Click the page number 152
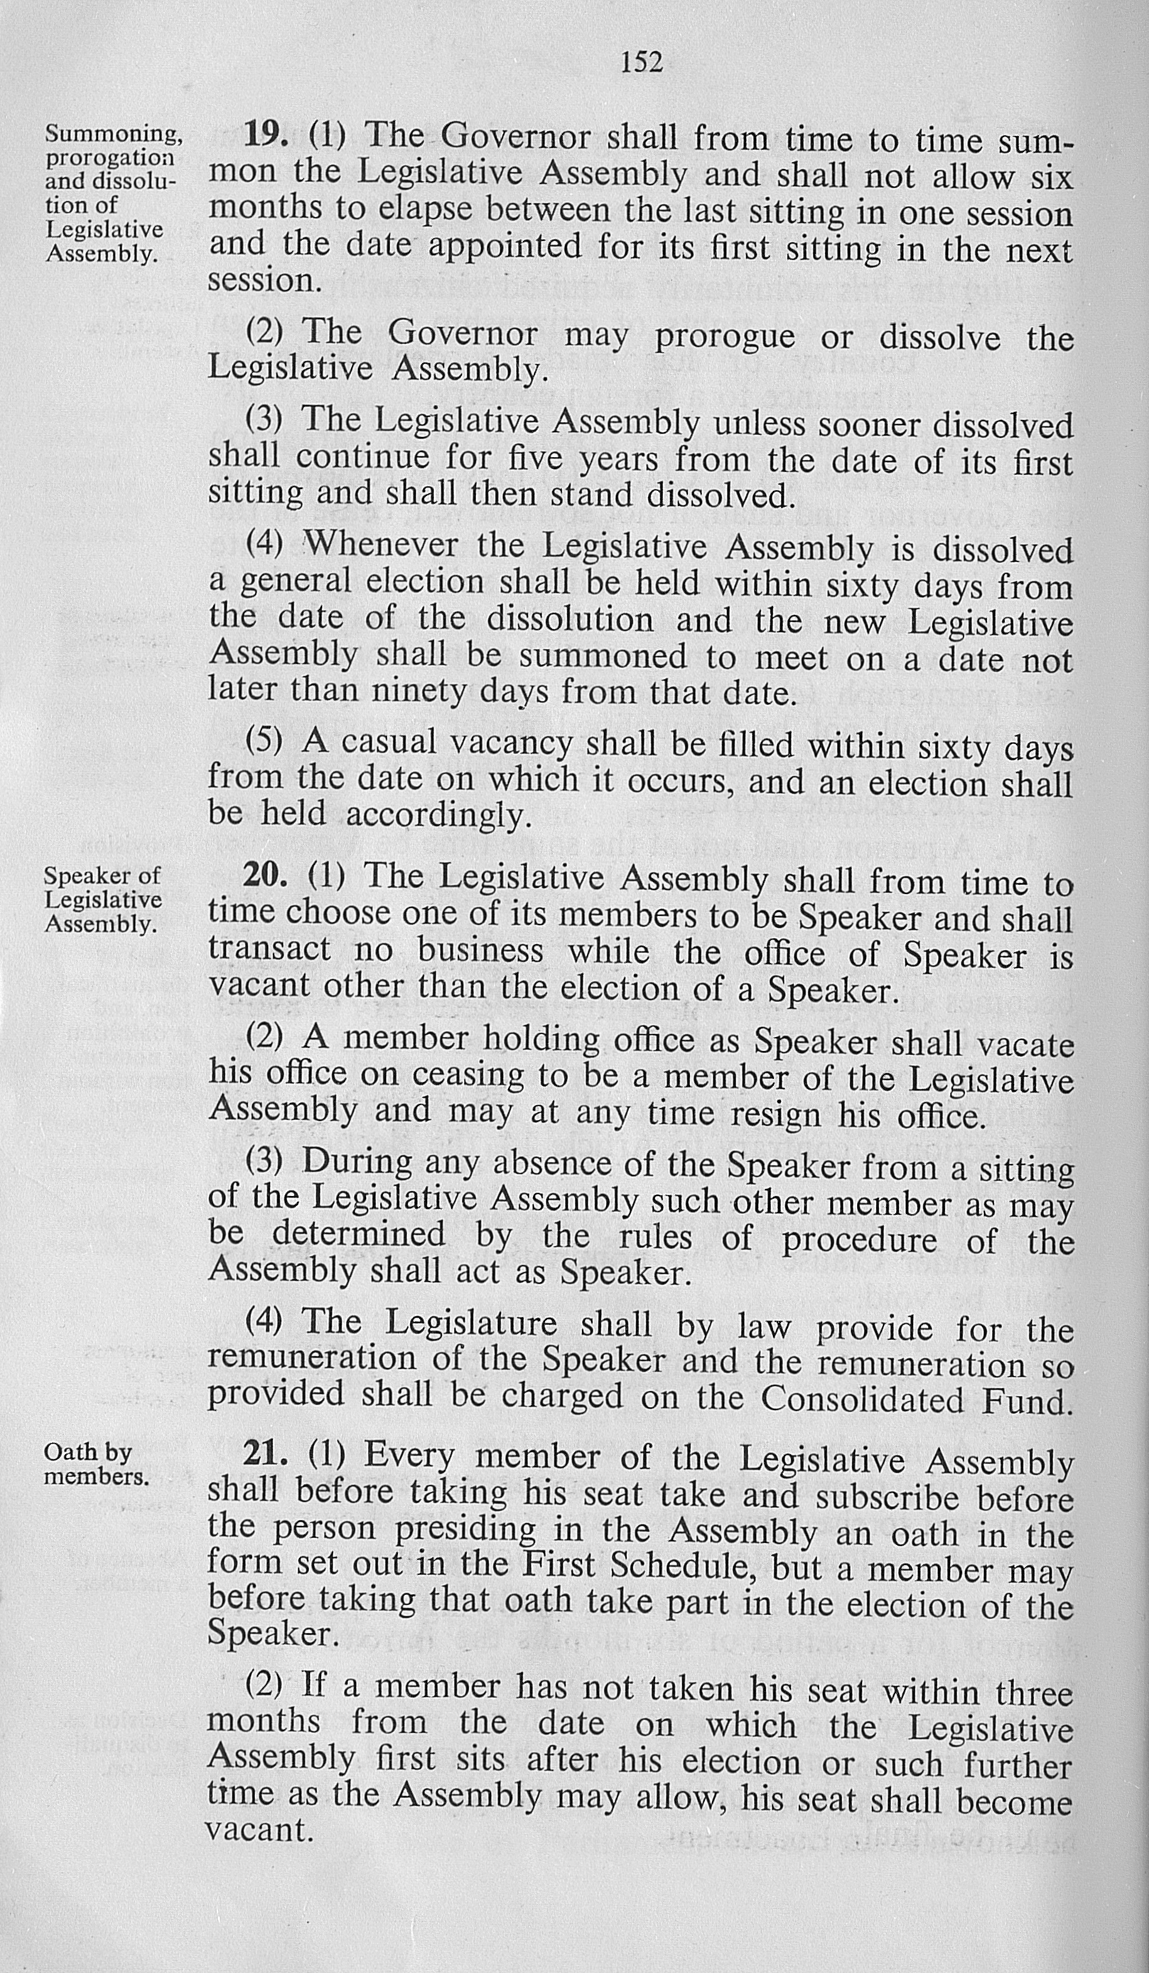(x=641, y=61)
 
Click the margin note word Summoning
(x=114, y=134)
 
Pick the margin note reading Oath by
(x=87, y=1451)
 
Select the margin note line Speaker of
(x=102, y=874)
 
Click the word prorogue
(x=724, y=337)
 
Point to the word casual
(x=387, y=741)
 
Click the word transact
(x=269, y=950)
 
